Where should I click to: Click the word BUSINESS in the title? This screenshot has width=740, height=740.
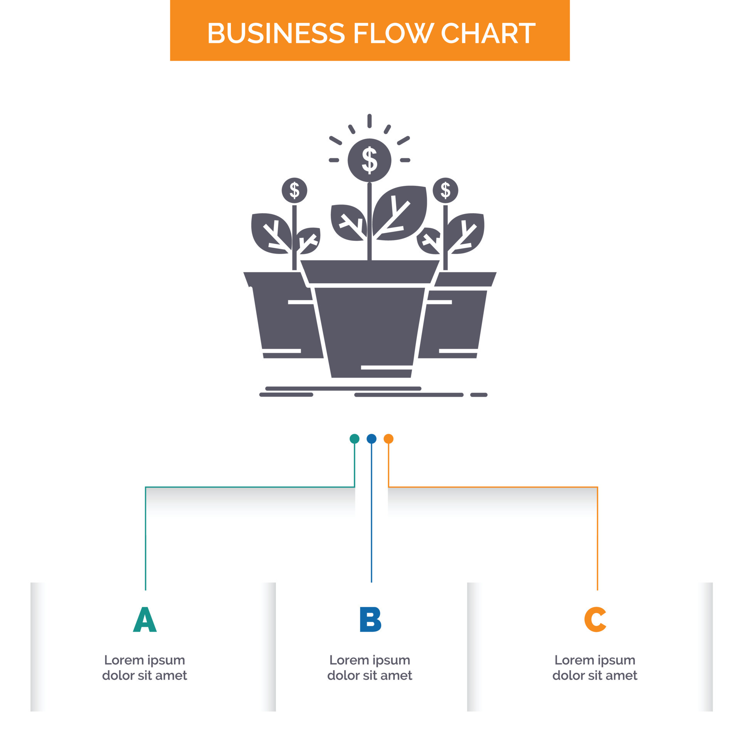(276, 33)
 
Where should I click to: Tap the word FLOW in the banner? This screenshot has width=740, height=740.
(393, 33)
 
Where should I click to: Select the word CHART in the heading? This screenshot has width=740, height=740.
(488, 33)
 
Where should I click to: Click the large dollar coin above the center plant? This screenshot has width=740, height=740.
(369, 160)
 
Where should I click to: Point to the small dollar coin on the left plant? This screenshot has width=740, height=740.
(294, 190)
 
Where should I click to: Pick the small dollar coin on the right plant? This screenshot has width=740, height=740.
(445, 190)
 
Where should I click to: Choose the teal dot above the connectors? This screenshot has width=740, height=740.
(354, 439)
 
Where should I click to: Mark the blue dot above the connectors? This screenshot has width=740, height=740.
(372, 439)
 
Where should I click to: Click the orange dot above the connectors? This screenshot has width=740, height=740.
(388, 439)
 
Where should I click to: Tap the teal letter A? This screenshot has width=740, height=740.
(145, 620)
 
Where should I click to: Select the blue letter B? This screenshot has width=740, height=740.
(370, 620)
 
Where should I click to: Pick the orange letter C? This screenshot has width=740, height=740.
(595, 620)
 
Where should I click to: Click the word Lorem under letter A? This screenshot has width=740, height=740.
(124, 660)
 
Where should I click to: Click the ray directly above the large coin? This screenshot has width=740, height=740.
(369, 121)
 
